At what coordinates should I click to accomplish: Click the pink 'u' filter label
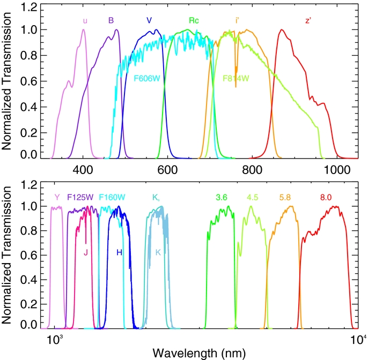pos(85,21)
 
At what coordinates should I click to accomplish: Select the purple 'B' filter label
pos(111,21)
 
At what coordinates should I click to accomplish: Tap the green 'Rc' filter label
pos(194,21)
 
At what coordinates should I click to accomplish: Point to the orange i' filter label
pos(237,21)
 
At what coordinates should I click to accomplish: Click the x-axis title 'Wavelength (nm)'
pos(200,352)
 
